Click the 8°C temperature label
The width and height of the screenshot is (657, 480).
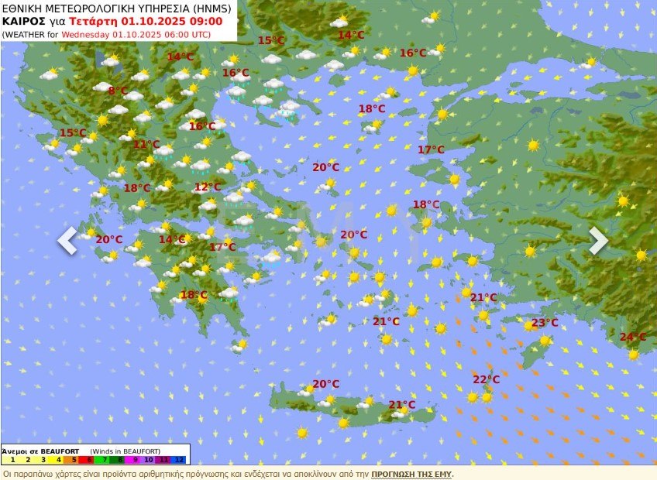tap(118, 91)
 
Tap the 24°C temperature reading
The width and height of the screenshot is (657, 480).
tap(632, 337)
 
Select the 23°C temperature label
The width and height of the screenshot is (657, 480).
tap(545, 323)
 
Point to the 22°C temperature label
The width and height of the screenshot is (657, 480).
tap(486, 379)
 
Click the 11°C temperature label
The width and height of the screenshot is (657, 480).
tap(146, 144)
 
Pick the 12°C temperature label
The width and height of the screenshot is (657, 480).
tap(207, 187)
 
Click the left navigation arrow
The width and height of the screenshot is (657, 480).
tap(67, 240)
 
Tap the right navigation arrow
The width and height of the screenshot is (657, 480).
tap(598, 240)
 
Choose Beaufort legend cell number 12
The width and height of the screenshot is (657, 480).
tap(180, 460)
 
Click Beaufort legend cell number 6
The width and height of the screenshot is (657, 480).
tap(89, 460)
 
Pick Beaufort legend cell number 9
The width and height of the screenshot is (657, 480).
tap(134, 460)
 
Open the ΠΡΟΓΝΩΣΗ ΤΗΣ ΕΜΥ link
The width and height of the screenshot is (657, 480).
tap(411, 473)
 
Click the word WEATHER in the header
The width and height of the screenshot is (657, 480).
tap(25, 34)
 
